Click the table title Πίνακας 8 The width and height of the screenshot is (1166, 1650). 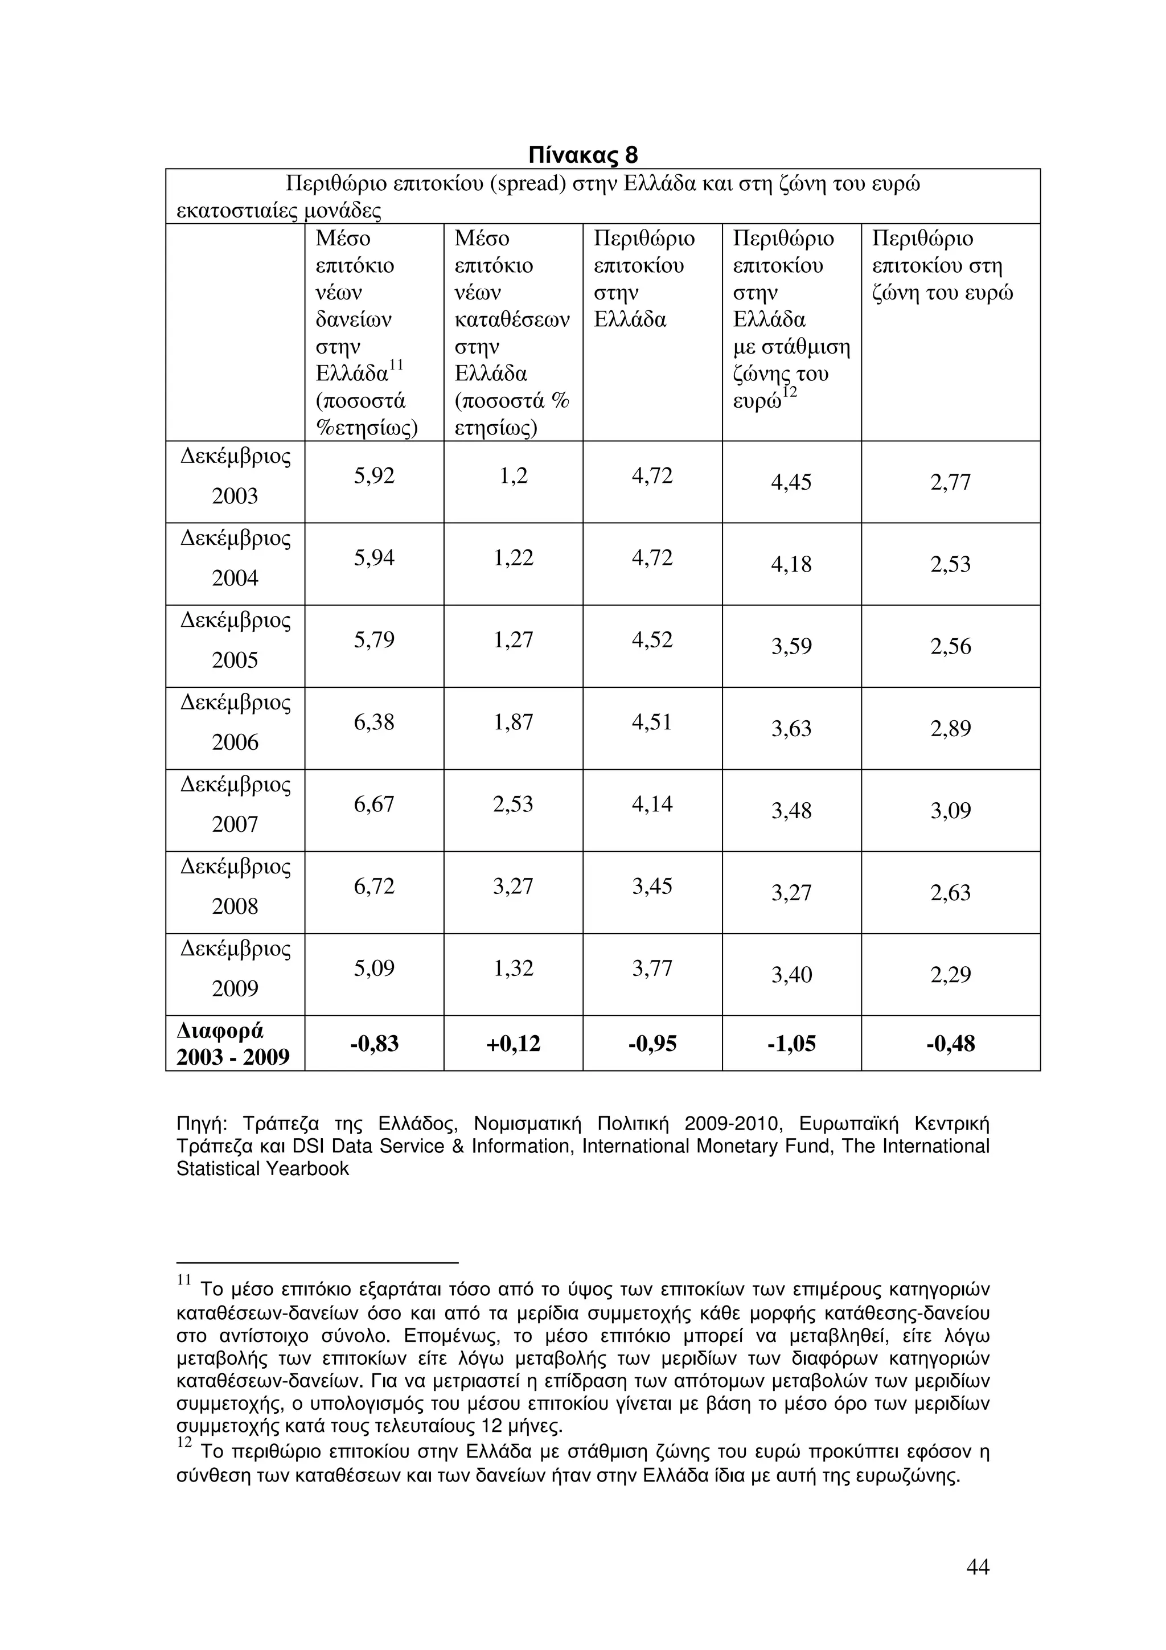click(x=582, y=154)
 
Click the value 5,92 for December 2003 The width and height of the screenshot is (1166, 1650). click(x=373, y=476)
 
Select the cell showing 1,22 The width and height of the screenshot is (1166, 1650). click(x=513, y=557)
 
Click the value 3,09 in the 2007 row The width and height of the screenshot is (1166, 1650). click(x=950, y=811)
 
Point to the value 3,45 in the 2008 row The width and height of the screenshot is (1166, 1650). click(x=652, y=886)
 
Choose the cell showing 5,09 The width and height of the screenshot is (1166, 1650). click(x=373, y=968)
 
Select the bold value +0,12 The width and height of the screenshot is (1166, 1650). click(x=513, y=1044)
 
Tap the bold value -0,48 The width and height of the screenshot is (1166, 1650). click(x=950, y=1044)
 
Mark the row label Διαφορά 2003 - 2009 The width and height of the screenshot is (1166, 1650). click(x=233, y=1044)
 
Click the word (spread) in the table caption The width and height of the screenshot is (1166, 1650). click(x=527, y=184)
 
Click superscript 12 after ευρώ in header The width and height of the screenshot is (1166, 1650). click(x=790, y=393)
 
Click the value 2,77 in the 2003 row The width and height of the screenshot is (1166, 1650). click(x=950, y=482)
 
